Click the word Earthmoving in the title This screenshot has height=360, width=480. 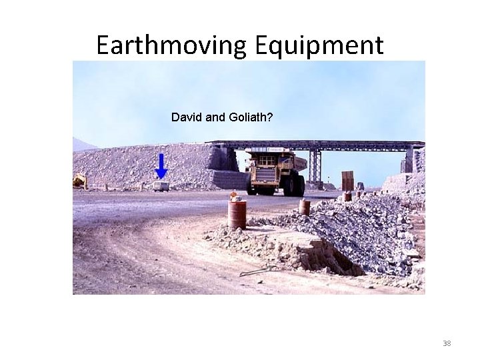(x=171, y=45)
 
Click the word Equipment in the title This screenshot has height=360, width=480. (x=318, y=45)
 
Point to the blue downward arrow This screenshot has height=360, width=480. (x=161, y=166)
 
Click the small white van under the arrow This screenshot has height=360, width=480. (x=161, y=186)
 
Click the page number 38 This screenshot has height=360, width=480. (x=447, y=343)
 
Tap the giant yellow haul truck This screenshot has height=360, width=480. (x=275, y=171)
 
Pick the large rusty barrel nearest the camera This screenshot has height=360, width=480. (x=237, y=214)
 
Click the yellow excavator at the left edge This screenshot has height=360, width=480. (x=79, y=180)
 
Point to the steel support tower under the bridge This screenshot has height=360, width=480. (x=314, y=166)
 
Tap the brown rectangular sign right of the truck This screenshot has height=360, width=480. (x=347, y=181)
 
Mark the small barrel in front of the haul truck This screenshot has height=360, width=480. (x=305, y=207)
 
